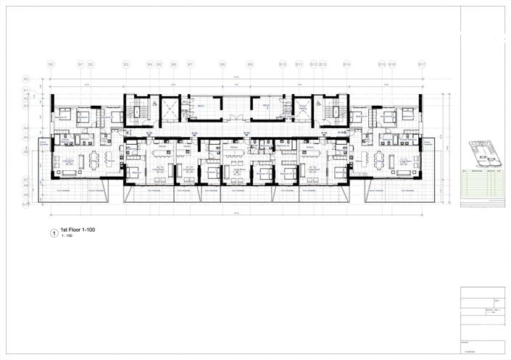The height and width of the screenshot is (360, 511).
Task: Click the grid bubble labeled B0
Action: coord(51,64)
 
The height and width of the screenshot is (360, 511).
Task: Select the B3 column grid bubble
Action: coord(125,64)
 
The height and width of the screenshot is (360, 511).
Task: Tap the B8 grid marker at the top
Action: coord(223,64)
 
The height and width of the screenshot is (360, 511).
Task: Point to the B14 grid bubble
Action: coord(347,64)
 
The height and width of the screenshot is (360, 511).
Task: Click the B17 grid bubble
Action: coord(422,64)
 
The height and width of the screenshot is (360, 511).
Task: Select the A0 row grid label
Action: coord(25,78)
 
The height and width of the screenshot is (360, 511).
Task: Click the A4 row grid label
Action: coord(25,127)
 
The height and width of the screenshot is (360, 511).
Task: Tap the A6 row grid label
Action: coord(25,153)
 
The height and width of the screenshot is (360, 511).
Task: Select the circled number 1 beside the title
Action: coord(52,233)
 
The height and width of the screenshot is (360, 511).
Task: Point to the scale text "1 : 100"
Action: coord(67,238)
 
